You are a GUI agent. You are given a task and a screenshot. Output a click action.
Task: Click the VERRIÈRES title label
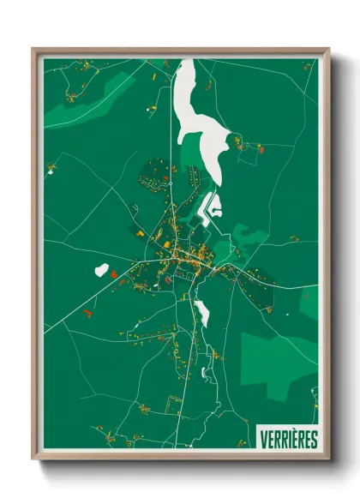click(288, 439)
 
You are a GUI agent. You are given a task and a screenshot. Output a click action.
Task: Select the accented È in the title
click(295, 439)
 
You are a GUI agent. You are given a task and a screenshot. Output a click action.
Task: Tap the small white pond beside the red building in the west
click(101, 270)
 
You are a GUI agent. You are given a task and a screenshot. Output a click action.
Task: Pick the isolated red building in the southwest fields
click(87, 315)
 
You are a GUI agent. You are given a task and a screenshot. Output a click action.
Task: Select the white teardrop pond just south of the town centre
click(202, 313)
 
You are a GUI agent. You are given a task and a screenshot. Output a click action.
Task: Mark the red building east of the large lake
click(261, 149)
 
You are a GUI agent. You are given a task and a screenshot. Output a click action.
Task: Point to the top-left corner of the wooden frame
click(33, 50)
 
